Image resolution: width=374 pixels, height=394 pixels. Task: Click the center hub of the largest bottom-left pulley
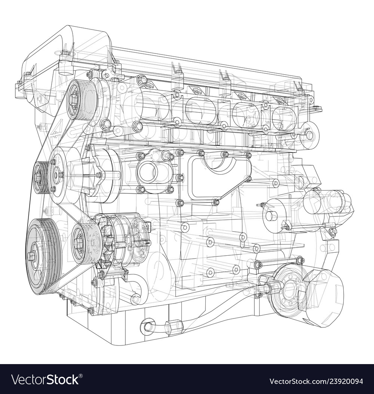pos(32,256)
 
